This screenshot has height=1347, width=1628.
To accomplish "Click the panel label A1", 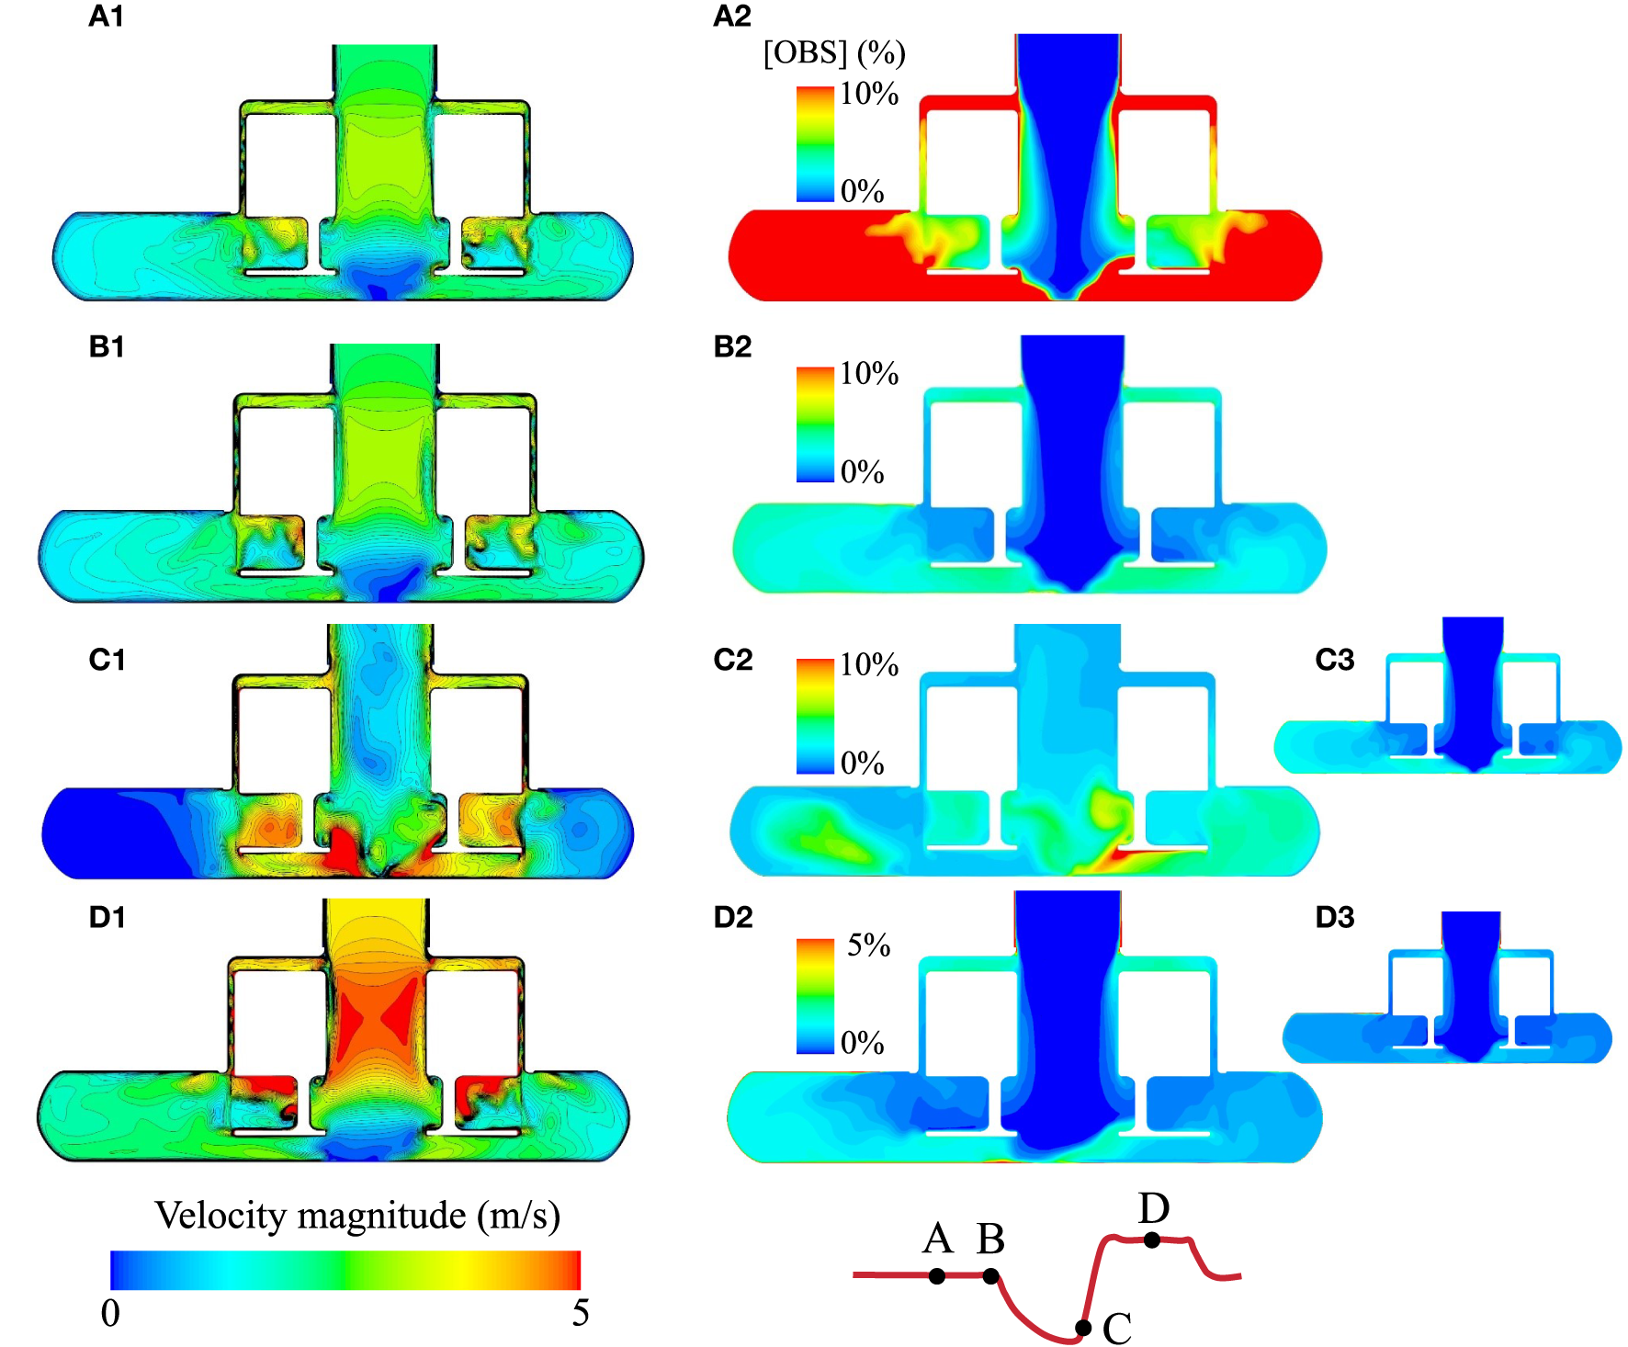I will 106,17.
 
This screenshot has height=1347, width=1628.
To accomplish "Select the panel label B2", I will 732,346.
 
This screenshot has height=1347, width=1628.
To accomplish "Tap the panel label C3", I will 1335,660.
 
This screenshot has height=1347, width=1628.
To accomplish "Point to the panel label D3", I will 1335,917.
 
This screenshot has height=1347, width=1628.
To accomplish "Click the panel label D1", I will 107,917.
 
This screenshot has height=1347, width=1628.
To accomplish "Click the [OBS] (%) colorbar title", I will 834,53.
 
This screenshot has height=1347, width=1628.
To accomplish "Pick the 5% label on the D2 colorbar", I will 868,945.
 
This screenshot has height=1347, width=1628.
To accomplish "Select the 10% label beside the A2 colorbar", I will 868,94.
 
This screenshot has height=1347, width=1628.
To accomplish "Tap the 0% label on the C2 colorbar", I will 862,763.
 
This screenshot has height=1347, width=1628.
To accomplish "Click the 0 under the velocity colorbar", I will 110,1314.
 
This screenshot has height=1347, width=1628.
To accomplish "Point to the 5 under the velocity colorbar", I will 580,1314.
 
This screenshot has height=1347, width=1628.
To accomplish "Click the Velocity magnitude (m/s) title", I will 356,1216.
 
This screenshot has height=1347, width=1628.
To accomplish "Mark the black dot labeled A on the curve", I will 936,1275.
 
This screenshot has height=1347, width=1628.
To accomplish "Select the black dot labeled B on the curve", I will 990,1275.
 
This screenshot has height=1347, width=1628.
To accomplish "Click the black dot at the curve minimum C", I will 1083,1328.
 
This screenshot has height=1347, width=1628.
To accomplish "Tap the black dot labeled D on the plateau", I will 1152,1239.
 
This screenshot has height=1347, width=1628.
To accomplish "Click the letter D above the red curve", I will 1153,1208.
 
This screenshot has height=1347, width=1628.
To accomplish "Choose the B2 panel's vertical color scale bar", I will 815,424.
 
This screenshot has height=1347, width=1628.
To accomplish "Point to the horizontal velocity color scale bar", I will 345,1270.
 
